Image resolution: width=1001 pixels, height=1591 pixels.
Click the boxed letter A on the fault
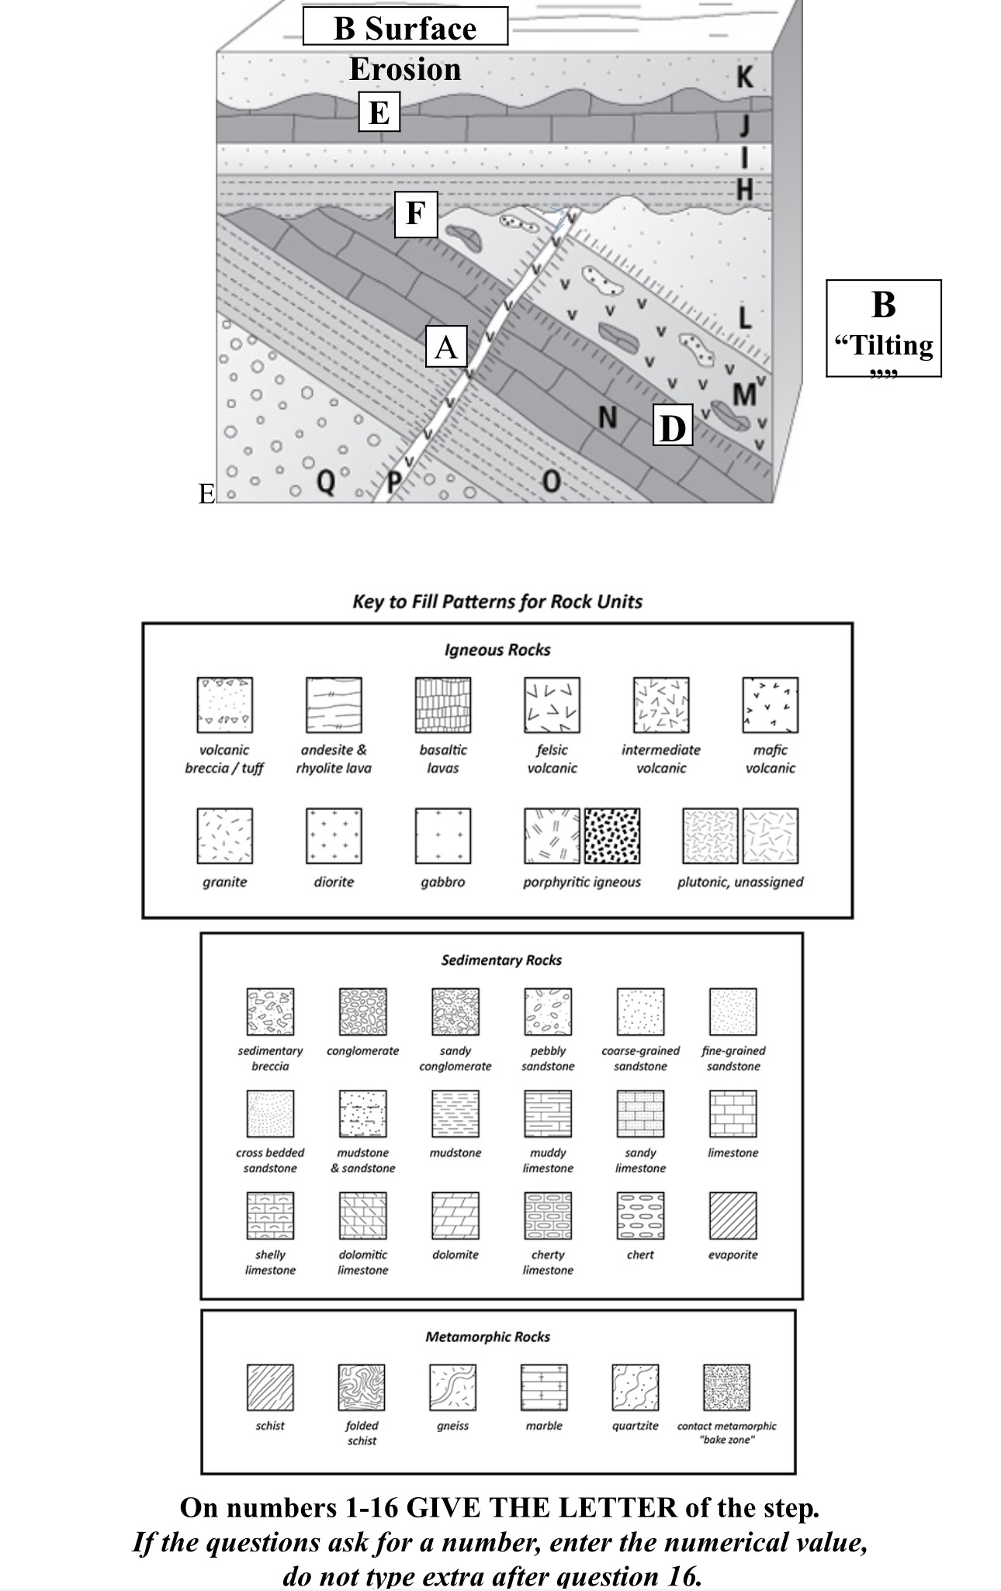click(446, 347)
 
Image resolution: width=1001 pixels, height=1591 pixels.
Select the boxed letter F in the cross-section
click(416, 213)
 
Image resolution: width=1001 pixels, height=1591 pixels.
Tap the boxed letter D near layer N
click(672, 427)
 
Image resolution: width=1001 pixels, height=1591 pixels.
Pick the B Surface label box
click(405, 28)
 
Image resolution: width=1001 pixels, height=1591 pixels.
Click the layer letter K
click(744, 77)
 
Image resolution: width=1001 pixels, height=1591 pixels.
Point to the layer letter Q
click(327, 482)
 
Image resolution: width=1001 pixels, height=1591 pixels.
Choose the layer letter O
click(550, 482)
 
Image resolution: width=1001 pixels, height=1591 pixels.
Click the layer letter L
click(744, 316)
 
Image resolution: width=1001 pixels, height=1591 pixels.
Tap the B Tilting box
click(883, 328)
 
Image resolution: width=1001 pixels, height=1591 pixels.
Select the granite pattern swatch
click(224, 836)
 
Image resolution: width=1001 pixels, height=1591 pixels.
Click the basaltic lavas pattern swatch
click(443, 705)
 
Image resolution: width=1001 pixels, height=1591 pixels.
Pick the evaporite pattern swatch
click(733, 1216)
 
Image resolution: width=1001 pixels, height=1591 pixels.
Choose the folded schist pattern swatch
click(362, 1388)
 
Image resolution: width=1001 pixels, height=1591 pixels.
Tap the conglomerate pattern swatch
click(362, 1012)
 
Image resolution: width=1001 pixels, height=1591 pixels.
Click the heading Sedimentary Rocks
click(501, 960)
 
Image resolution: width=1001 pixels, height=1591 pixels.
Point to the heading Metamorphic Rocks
click(487, 1337)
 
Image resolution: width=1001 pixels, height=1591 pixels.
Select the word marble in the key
click(544, 1426)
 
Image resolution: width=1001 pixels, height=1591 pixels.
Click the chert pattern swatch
click(640, 1216)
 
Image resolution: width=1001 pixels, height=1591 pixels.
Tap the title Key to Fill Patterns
click(497, 602)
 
